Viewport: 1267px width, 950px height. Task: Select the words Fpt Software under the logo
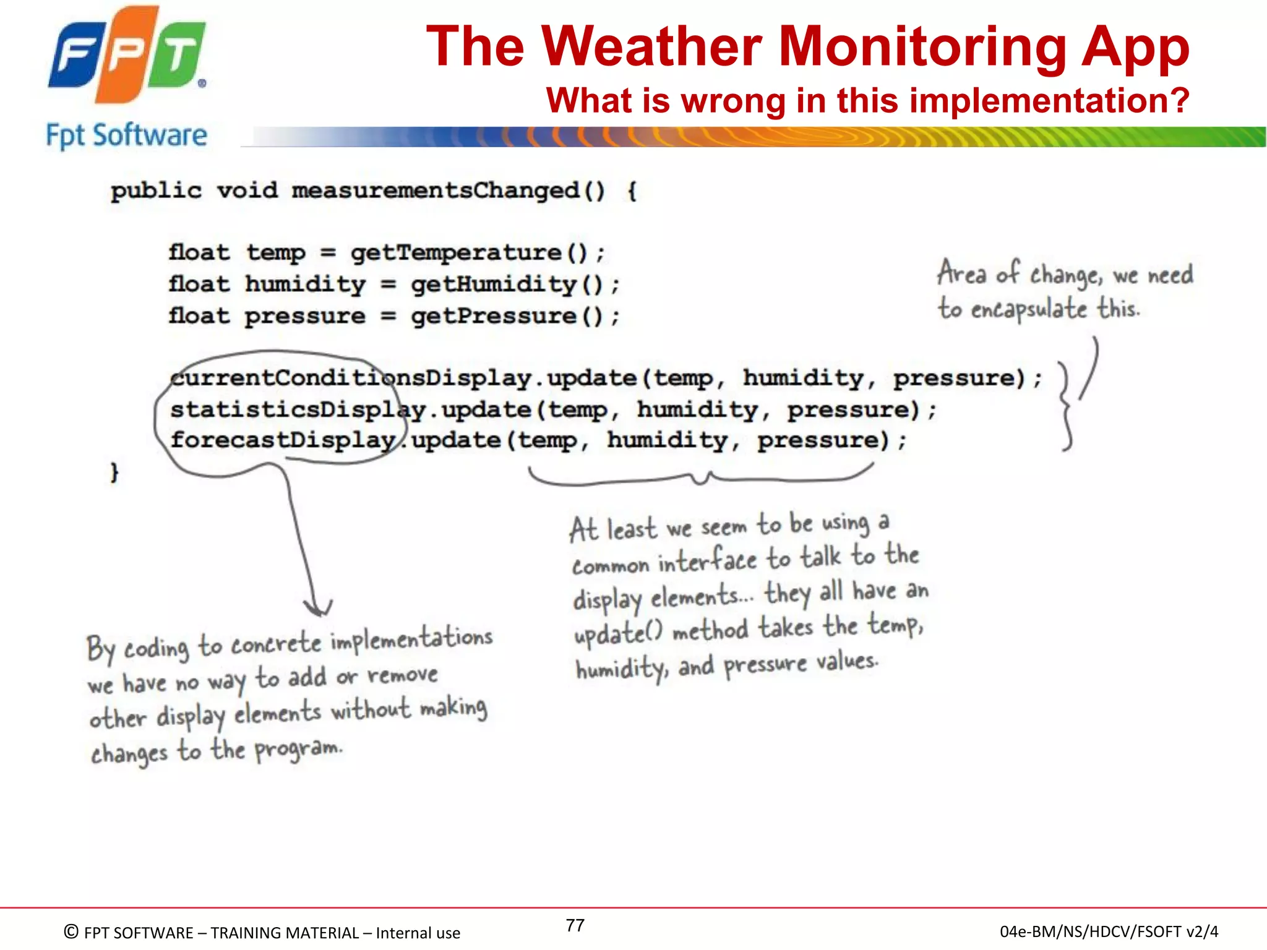127,135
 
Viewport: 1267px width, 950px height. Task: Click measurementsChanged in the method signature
436,190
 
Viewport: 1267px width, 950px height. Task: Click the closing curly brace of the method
114,472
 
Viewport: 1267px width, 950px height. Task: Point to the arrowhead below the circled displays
318,609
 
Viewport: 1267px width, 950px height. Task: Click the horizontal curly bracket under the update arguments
700,476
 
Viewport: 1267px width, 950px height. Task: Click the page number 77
575,925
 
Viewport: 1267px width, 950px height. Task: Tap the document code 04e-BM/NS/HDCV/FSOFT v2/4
1109,931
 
